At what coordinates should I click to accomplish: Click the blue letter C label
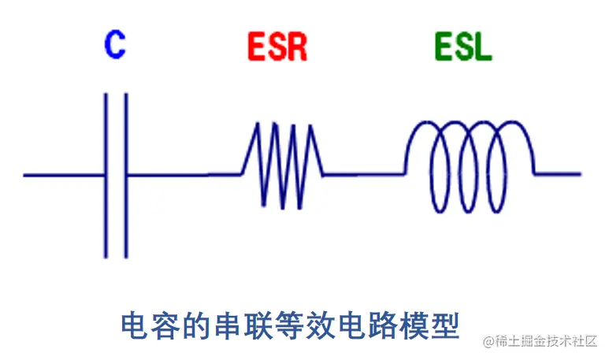point(115,45)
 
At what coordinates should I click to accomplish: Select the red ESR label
point(277,48)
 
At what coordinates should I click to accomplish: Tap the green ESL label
point(462,47)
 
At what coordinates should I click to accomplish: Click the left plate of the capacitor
point(106,175)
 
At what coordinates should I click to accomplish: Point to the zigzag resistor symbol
point(282,165)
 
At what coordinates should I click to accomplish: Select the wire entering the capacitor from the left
point(63,174)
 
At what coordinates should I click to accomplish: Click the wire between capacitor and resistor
point(181,174)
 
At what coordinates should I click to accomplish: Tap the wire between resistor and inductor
point(364,174)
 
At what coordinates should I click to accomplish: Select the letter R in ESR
point(296,48)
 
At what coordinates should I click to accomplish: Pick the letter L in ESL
point(482,47)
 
